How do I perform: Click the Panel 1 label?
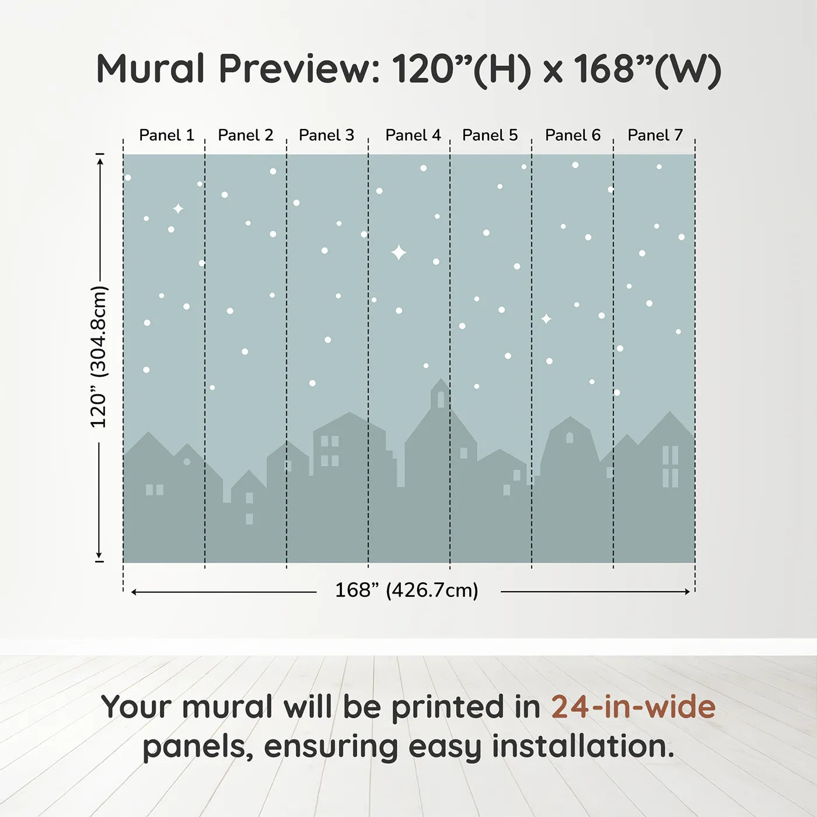tap(166, 135)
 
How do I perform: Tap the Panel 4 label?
tap(413, 135)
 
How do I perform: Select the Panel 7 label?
tap(655, 135)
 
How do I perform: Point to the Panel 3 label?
tap(326, 135)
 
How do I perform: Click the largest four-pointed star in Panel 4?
tap(399, 253)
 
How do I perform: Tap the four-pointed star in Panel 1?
tap(178, 208)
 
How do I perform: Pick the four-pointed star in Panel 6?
tap(546, 319)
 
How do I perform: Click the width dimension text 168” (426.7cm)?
tap(406, 591)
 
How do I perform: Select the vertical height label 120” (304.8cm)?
tap(99, 357)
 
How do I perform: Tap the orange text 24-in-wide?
tap(633, 707)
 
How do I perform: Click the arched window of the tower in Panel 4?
tap(441, 399)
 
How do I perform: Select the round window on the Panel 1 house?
tap(187, 462)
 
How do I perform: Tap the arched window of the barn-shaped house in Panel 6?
tap(570, 437)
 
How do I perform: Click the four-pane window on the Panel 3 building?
tap(330, 451)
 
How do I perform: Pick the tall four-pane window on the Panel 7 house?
tap(670, 466)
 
